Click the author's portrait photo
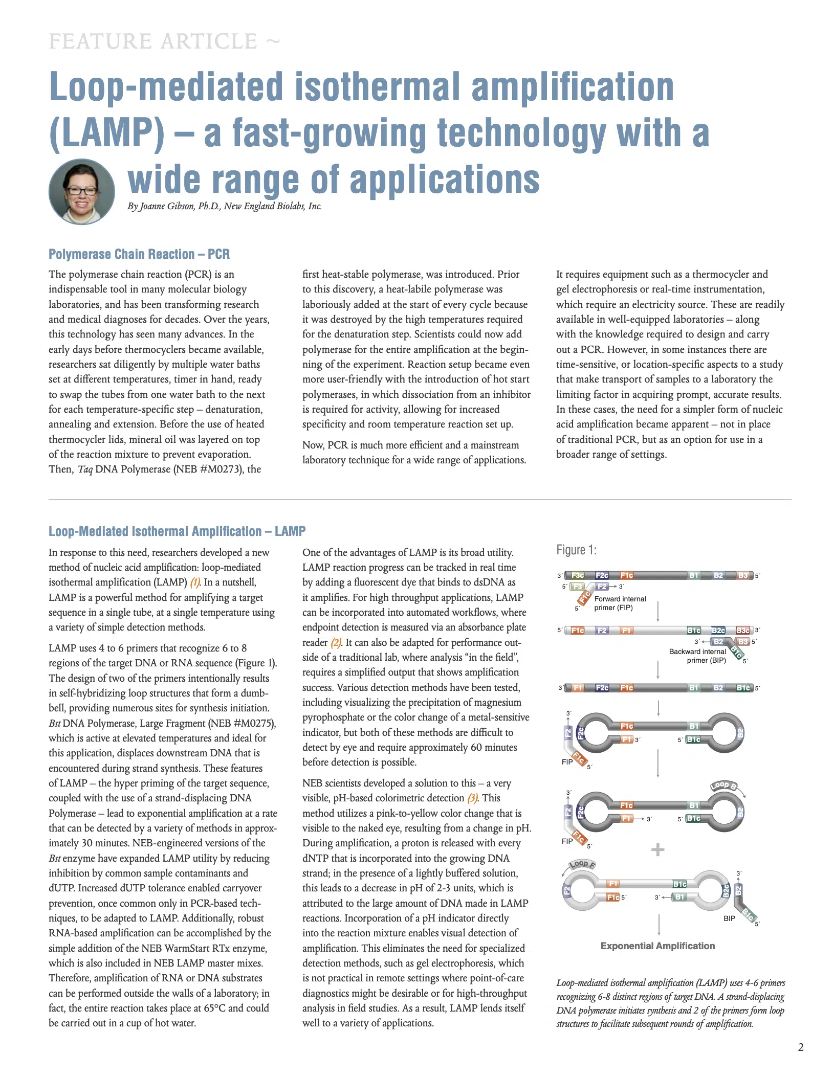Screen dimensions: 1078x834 (81, 191)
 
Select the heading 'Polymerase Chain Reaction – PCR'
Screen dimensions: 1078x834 (139, 254)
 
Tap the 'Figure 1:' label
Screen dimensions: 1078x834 (576, 550)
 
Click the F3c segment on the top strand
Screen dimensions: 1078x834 (578, 575)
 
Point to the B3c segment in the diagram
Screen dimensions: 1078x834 (742, 631)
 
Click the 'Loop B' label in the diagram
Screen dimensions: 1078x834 (723, 785)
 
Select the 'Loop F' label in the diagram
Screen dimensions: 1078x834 (582, 864)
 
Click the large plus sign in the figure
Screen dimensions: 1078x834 (657, 850)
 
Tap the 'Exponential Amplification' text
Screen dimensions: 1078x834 (657, 946)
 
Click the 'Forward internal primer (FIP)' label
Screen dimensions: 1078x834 (620, 603)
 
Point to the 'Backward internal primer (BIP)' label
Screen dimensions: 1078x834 (697, 656)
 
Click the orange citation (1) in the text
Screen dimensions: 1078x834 (195, 582)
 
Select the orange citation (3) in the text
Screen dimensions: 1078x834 (472, 798)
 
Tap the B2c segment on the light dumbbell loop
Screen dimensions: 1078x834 (726, 891)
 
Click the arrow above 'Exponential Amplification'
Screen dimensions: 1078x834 (659, 925)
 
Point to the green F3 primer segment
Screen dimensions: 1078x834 (577, 587)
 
